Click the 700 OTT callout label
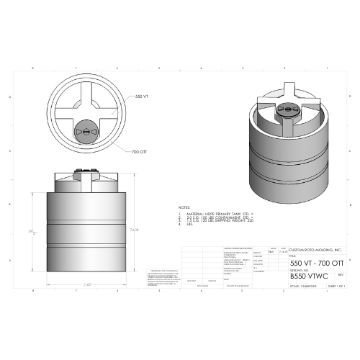pyautogui.click(x=140, y=152)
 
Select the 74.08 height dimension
pyautogui.click(x=134, y=230)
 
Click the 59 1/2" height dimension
pyautogui.click(x=32, y=232)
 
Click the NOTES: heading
pyautogui.click(x=184, y=207)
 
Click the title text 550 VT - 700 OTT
pyautogui.click(x=316, y=263)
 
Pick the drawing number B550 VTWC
pyautogui.click(x=308, y=275)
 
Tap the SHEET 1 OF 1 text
pyautogui.click(x=336, y=286)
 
